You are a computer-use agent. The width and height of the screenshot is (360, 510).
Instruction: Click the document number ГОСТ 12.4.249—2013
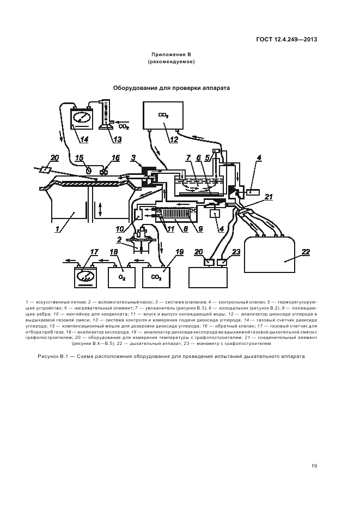(286, 40)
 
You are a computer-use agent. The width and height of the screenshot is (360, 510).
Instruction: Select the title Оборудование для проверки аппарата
(171, 88)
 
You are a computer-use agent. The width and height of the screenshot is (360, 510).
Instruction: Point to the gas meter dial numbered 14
(80, 118)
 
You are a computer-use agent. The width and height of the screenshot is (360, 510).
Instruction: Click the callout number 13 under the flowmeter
(116, 139)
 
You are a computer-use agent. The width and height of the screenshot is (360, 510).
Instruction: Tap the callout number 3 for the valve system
(133, 158)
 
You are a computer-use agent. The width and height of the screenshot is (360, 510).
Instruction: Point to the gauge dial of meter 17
(85, 277)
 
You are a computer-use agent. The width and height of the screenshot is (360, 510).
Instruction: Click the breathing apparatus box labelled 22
(270, 254)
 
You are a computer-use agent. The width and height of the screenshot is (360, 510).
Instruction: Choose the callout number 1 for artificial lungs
(57, 229)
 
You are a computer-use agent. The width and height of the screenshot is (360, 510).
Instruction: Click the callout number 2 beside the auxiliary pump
(119, 240)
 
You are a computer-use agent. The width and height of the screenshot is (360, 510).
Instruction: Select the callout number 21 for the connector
(269, 197)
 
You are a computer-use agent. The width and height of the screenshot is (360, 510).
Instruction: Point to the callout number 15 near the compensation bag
(80, 158)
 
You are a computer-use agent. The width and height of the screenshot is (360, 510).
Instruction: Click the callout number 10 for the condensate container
(120, 229)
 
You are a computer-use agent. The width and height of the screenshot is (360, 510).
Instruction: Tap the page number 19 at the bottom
(314, 466)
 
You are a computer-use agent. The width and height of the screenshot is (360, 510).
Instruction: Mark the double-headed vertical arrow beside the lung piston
(100, 209)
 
